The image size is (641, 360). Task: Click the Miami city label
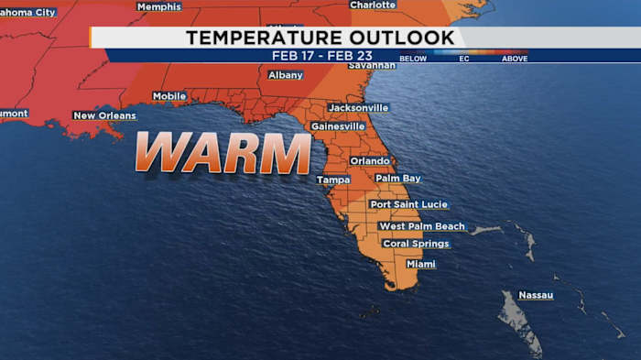pyautogui.click(x=421, y=264)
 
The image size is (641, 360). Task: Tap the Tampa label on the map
pyautogui.click(x=333, y=180)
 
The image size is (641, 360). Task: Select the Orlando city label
pyautogui.click(x=370, y=160)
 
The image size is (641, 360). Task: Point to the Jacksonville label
pyautogui.click(x=358, y=107)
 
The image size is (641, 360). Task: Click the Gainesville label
pyautogui.click(x=338, y=125)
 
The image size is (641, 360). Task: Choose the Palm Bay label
pyautogui.click(x=398, y=178)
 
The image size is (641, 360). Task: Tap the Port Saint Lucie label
pyautogui.click(x=408, y=204)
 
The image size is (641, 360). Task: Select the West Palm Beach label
pyautogui.click(x=422, y=226)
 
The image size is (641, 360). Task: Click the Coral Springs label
pyautogui.click(x=416, y=244)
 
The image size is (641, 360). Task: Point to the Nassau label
pyautogui.click(x=536, y=295)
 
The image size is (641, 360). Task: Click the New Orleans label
pyautogui.click(x=104, y=115)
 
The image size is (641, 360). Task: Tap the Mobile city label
pyautogui.click(x=169, y=96)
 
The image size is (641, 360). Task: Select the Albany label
pyautogui.click(x=285, y=75)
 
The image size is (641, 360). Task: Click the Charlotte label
pyautogui.click(x=373, y=5)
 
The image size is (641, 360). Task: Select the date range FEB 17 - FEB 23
pyautogui.click(x=321, y=55)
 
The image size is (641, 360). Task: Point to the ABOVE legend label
pyautogui.click(x=514, y=59)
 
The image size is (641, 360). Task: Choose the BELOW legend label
pyautogui.click(x=413, y=59)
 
